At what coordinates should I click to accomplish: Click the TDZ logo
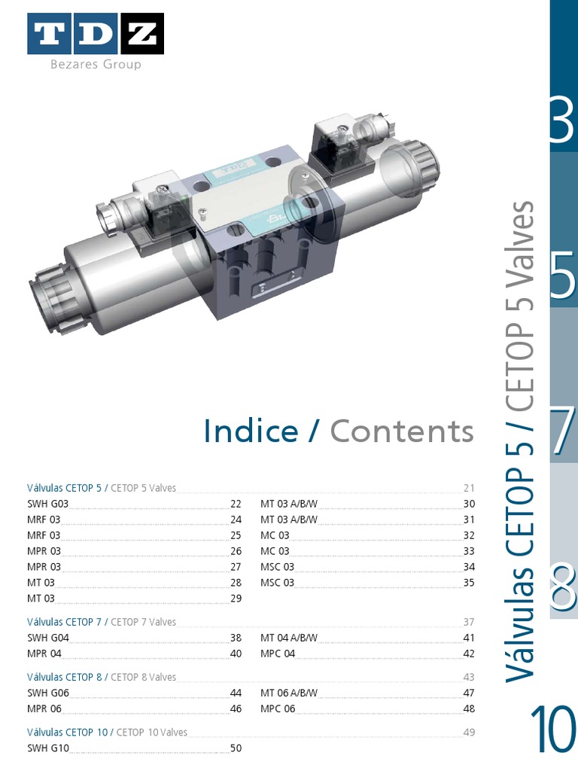tap(96, 35)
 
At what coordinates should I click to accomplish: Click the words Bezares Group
tap(96, 65)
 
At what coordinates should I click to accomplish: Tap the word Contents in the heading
tap(402, 431)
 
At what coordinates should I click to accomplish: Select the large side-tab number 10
tap(553, 730)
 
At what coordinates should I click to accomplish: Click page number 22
tap(236, 504)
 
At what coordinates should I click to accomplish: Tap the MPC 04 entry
tap(278, 654)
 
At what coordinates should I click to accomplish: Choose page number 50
tap(236, 748)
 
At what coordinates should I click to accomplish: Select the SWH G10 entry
tap(48, 748)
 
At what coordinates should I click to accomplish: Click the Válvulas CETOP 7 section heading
tap(64, 622)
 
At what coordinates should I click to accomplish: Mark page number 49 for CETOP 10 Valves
tap(469, 732)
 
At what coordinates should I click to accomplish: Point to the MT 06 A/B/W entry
tap(289, 693)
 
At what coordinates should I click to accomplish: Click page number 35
tap(469, 583)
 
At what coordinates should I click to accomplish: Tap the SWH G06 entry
tap(48, 693)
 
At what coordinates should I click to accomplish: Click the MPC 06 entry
tap(278, 709)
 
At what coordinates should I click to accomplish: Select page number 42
tap(469, 654)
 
